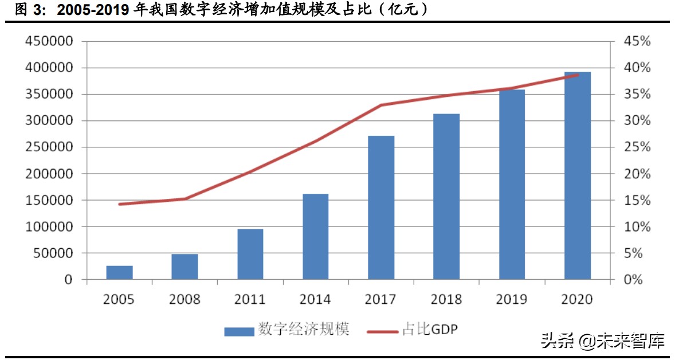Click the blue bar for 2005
coord(119,272)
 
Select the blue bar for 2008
coord(185,267)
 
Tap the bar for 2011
coord(250,254)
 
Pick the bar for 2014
coord(315,236)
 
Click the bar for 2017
coord(381,208)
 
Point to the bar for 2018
coord(446,197)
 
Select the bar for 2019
coord(512,184)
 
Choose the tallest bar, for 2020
coord(577,175)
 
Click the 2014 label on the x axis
coord(315,299)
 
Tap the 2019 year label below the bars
coord(512,299)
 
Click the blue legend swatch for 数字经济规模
coord(238,331)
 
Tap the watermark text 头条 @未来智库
coord(602,342)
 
